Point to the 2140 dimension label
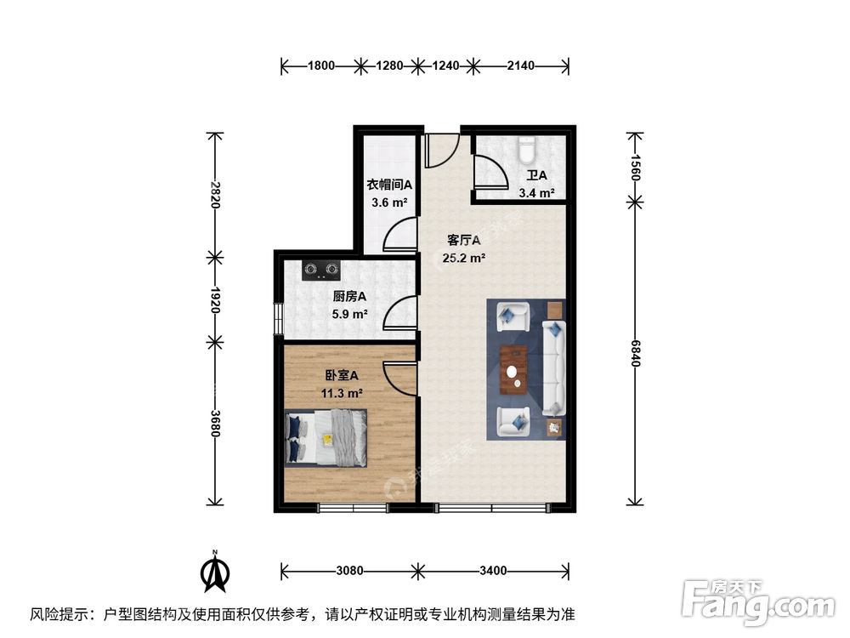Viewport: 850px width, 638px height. (x=520, y=65)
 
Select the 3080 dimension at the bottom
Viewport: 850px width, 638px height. (x=348, y=570)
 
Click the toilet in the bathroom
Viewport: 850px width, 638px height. (x=526, y=151)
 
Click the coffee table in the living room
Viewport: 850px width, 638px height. (x=513, y=370)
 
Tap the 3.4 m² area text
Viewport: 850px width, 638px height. (x=536, y=193)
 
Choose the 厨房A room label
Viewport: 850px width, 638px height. (x=348, y=297)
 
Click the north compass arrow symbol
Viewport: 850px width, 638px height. (x=216, y=573)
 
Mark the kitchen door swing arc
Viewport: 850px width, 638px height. (x=398, y=313)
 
